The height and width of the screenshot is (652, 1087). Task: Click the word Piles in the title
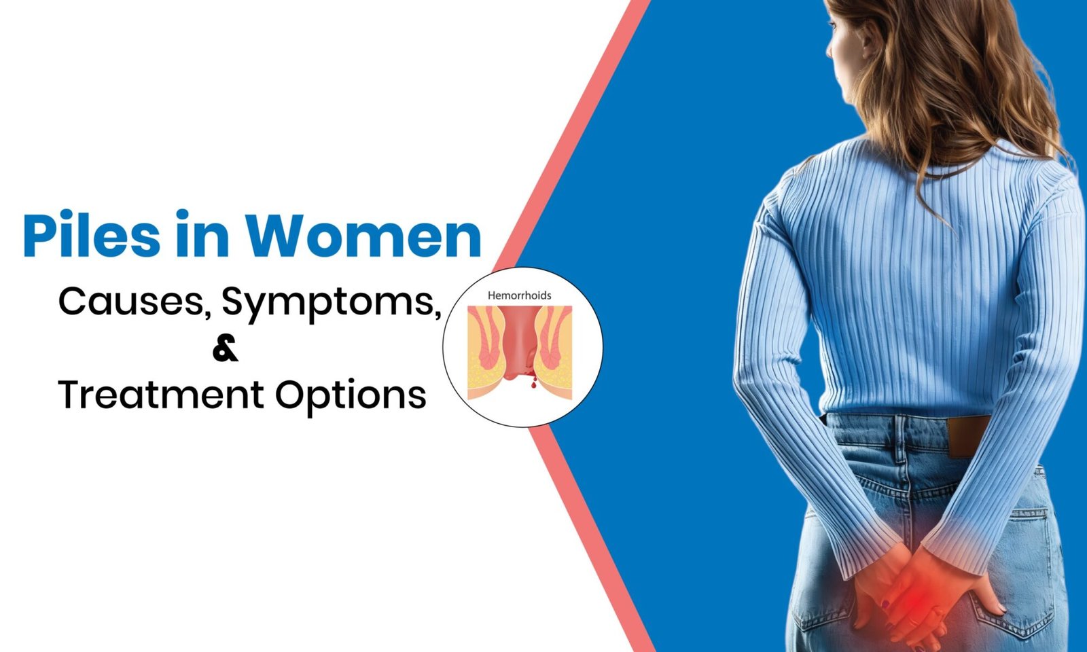point(92,234)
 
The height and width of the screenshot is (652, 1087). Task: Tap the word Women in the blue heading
point(363,236)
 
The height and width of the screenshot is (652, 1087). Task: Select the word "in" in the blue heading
point(202,234)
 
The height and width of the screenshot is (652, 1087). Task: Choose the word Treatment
point(161,395)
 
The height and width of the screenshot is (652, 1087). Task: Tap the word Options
point(351,397)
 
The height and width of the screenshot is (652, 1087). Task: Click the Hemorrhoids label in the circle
point(519,295)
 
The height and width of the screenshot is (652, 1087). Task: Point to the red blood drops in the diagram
point(533,380)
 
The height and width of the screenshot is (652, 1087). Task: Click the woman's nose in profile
point(829,48)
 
